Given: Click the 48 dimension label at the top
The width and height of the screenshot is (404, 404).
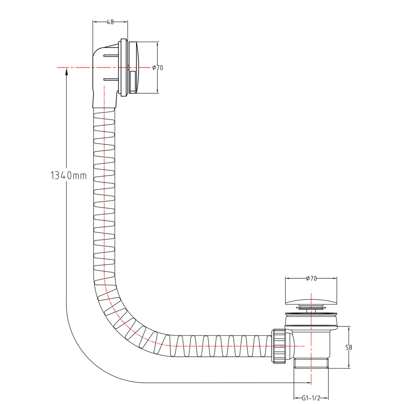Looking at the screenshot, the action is click(x=110, y=22).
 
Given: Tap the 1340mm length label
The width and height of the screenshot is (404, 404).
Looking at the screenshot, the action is click(x=69, y=175).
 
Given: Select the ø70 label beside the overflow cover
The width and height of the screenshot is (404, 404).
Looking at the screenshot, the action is click(x=158, y=67).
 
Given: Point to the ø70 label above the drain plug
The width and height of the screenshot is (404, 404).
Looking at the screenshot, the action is click(x=311, y=278).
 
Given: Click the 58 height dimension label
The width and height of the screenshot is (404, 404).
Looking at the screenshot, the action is click(x=349, y=347).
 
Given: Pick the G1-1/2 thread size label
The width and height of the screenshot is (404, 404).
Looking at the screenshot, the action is click(x=311, y=398).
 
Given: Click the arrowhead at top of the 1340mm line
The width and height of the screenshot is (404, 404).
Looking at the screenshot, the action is click(x=67, y=72).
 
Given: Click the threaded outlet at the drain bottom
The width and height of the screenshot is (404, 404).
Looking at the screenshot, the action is click(x=311, y=363).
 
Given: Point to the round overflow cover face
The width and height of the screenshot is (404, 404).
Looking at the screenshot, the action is click(x=134, y=67).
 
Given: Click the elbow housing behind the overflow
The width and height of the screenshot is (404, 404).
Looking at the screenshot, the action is click(x=104, y=77).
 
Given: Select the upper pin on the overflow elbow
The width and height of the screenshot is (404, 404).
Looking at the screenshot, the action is click(x=111, y=55).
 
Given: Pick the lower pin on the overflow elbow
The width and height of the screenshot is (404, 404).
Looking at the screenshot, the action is click(x=111, y=79).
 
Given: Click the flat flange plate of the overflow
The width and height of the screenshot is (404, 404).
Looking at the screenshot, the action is click(x=124, y=68).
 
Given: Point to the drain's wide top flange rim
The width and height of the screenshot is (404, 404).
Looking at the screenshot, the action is click(x=311, y=314).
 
